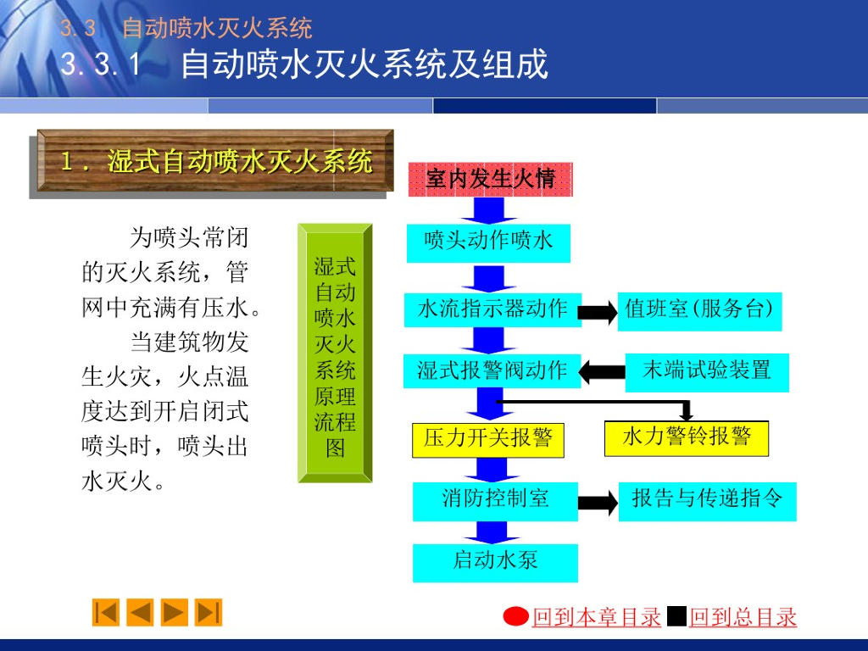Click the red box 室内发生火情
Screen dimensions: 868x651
(490, 179)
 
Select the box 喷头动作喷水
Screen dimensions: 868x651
(488, 242)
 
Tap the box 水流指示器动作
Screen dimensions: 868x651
(492, 309)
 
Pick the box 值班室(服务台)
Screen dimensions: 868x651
(698, 309)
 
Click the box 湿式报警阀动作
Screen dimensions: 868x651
(492, 371)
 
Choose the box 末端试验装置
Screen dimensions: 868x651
(706, 371)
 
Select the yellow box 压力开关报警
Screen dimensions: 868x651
(488, 439)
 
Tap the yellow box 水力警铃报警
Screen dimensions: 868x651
(686, 438)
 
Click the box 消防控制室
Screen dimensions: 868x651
(495, 500)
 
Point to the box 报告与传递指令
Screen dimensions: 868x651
(707, 500)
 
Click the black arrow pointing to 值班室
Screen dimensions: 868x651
(600, 311)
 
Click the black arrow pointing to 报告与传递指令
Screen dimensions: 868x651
(598, 503)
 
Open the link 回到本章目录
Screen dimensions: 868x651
(596, 618)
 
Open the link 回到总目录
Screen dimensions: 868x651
(743, 618)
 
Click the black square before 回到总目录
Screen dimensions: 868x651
(676, 616)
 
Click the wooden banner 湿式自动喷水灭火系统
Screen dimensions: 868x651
(215, 161)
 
